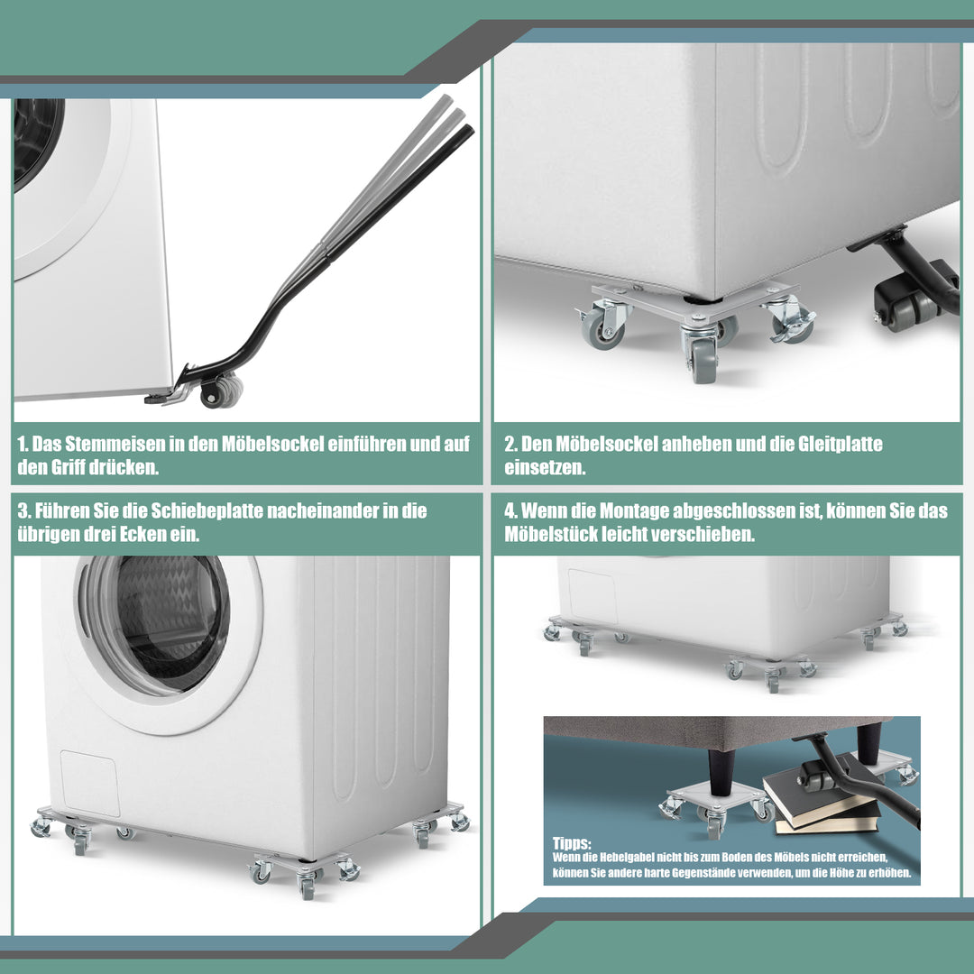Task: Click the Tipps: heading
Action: [x=572, y=843]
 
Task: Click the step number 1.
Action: [x=23, y=444]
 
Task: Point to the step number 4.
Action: [x=510, y=510]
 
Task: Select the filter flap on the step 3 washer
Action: [x=89, y=783]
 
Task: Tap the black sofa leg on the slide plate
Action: [x=721, y=771]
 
